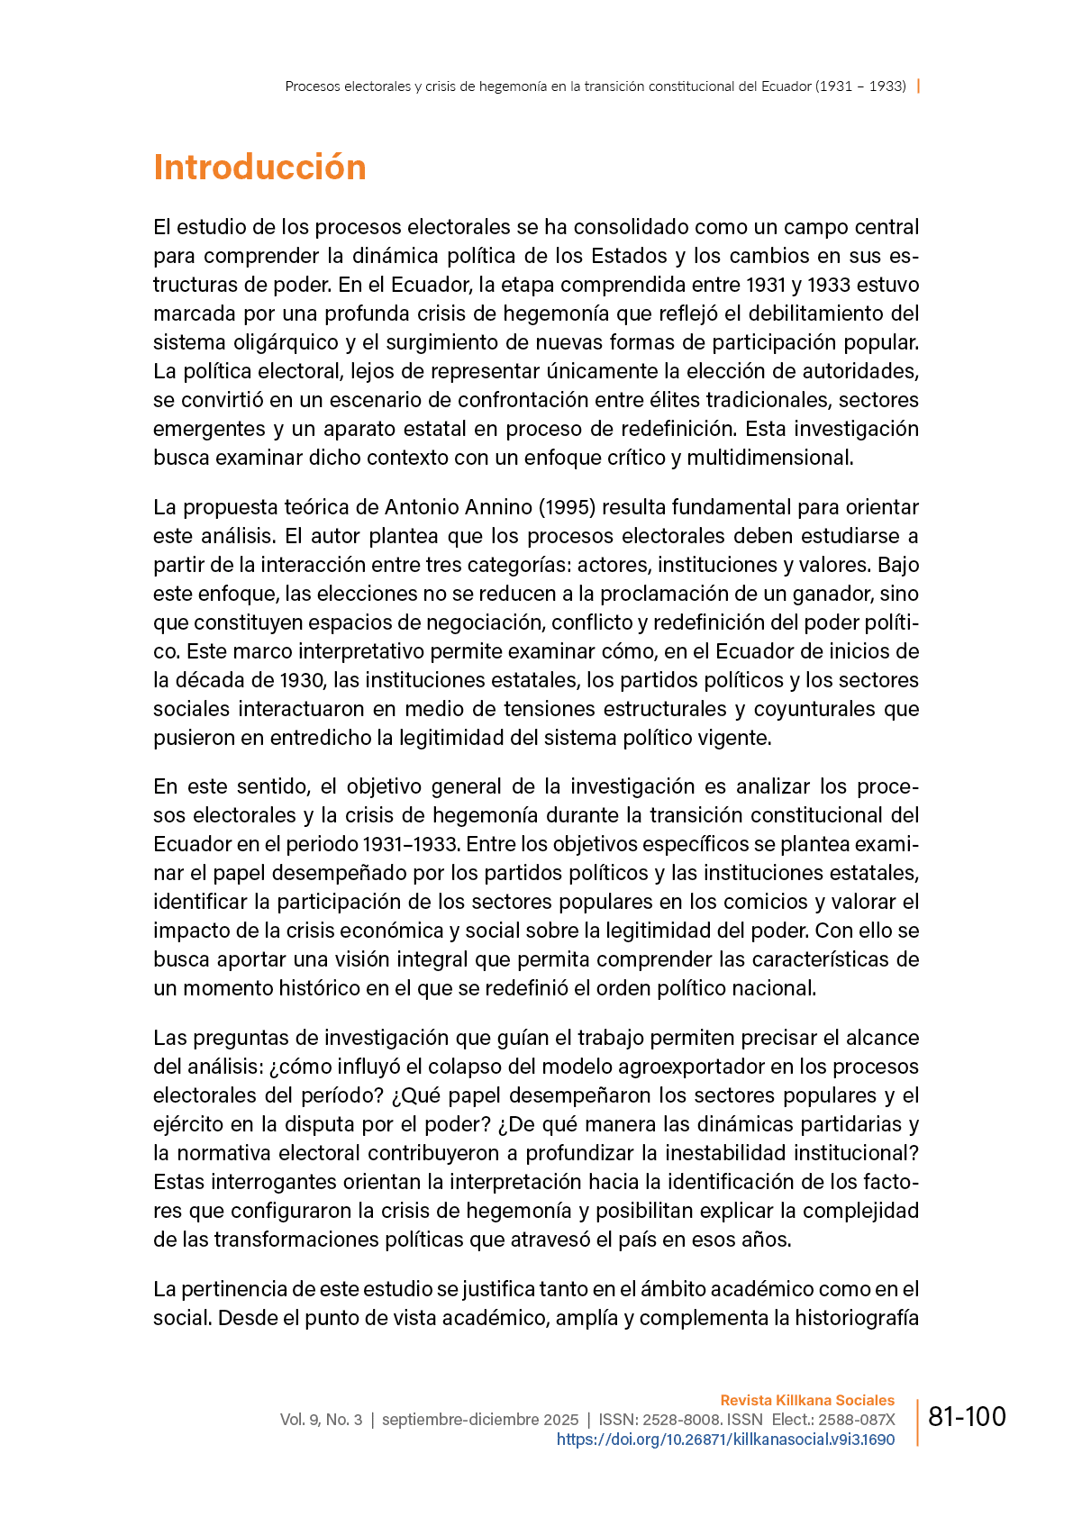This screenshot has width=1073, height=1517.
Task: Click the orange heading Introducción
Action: pos(259,168)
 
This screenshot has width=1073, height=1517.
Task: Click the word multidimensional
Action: pos(769,458)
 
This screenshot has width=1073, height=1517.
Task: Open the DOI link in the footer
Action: pos(725,1440)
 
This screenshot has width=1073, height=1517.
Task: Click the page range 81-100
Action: pos(967,1417)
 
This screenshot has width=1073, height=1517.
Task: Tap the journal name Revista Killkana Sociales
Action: pos(807,1400)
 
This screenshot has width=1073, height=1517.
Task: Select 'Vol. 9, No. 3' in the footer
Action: pos(321,1420)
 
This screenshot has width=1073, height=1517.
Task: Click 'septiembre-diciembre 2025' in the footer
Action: pos(480,1420)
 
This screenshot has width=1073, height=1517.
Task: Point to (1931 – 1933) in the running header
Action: pos(860,86)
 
